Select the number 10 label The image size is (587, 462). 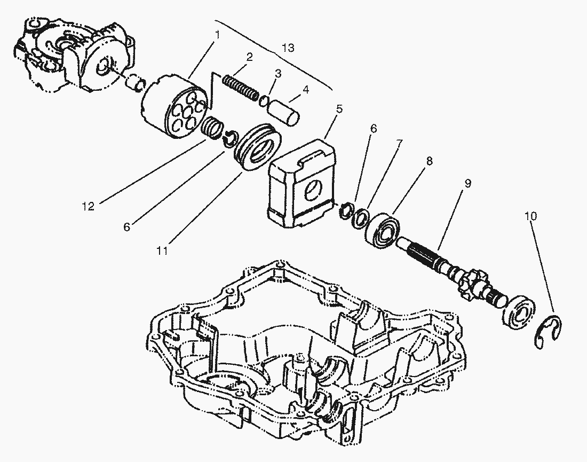[531, 216]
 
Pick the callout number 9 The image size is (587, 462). [467, 183]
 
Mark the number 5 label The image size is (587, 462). [339, 109]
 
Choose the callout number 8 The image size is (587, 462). [430, 160]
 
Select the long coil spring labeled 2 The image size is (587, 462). [239, 85]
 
